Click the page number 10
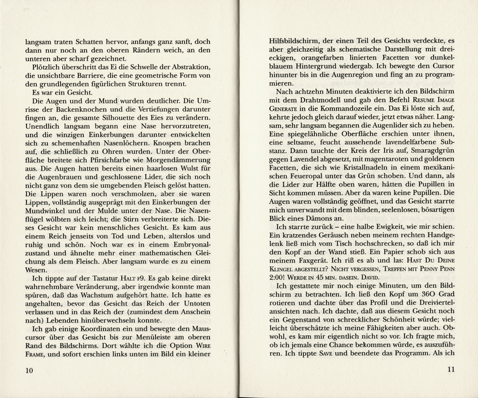point(31,371)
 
